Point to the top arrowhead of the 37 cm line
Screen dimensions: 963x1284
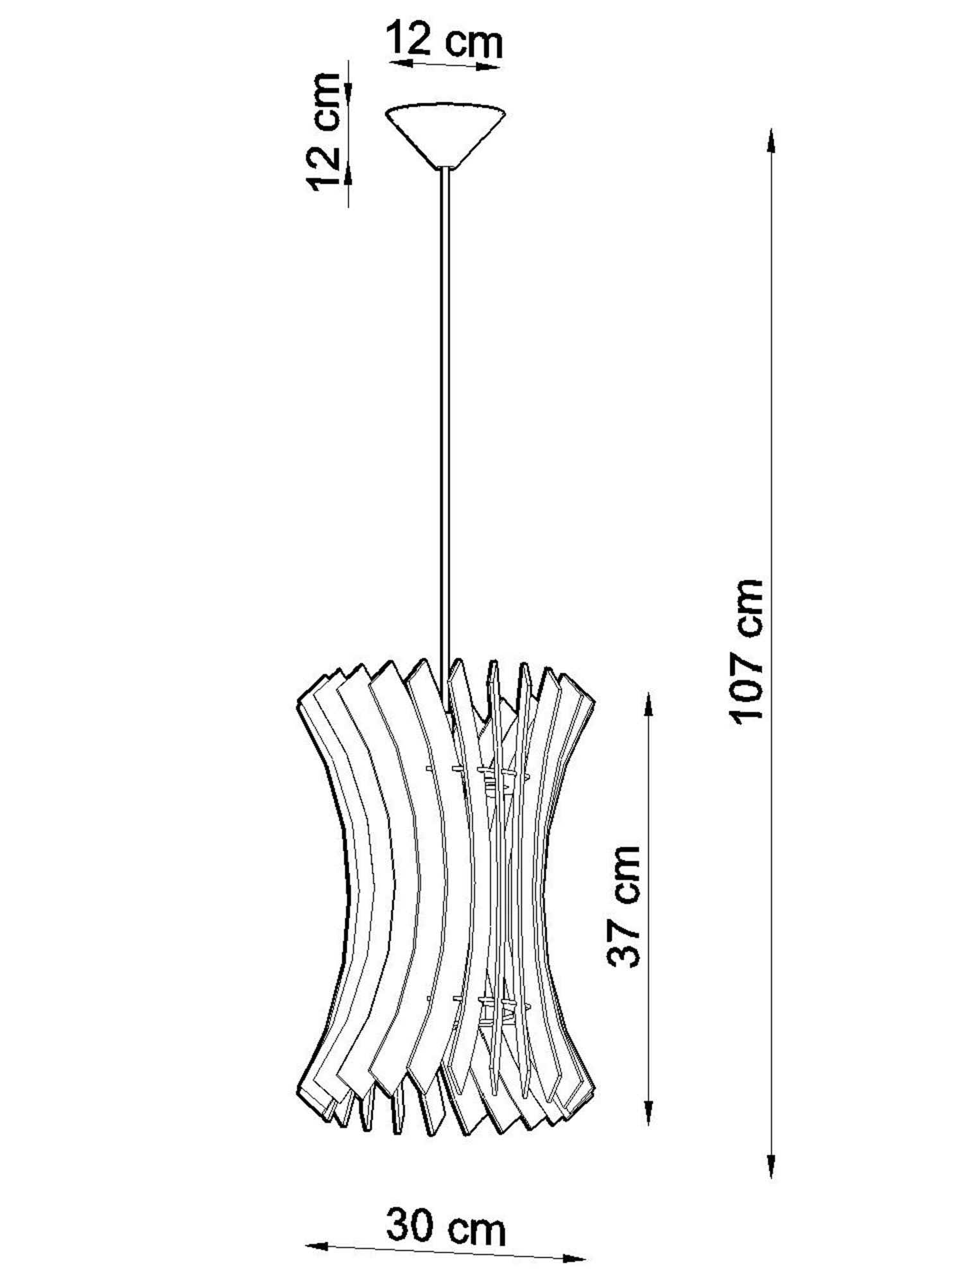point(648,706)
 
